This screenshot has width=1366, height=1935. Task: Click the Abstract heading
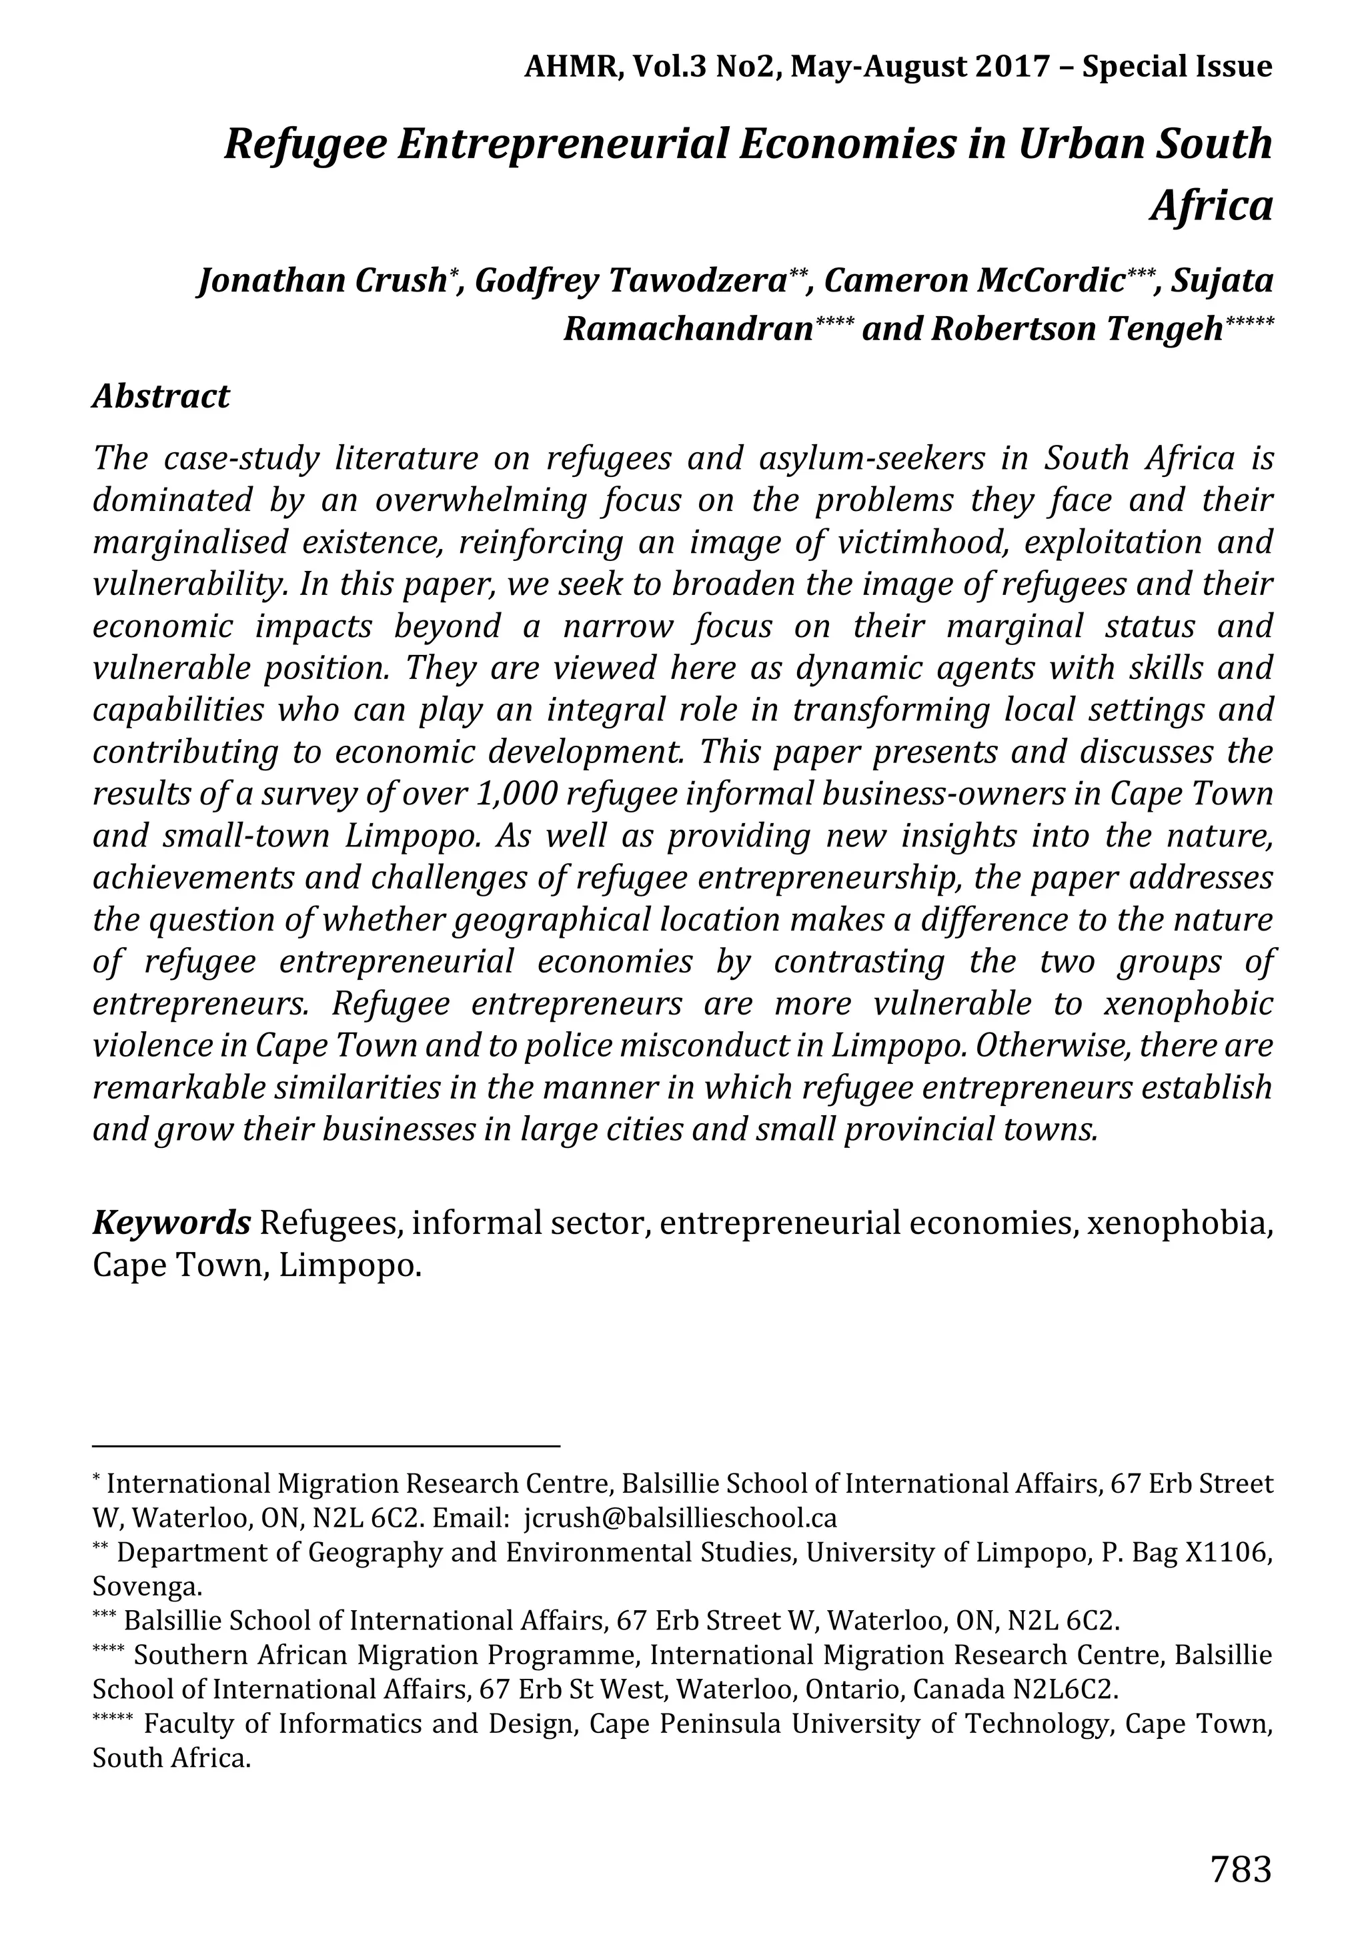161,396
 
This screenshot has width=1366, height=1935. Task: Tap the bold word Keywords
171,1221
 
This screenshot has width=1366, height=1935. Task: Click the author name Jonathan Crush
321,279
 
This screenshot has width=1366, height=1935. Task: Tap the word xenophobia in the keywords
1179,1221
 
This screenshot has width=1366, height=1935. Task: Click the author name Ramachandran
688,329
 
